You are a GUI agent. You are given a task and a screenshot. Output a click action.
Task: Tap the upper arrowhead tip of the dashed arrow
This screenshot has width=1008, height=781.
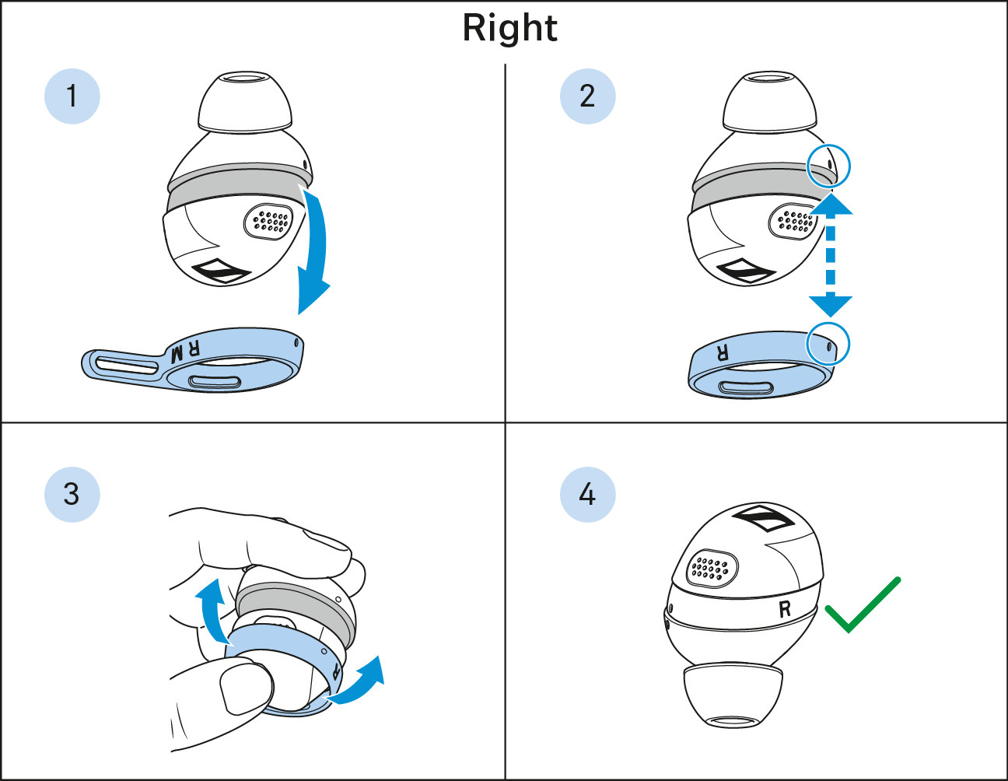pyautogui.click(x=831, y=193)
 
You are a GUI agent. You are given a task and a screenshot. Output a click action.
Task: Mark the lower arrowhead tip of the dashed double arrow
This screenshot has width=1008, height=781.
pyautogui.click(x=831, y=317)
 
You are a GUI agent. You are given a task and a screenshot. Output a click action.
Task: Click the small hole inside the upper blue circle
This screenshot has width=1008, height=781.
pyautogui.click(x=830, y=163)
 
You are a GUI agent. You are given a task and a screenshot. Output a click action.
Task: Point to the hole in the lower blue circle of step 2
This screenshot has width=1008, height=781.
pyautogui.click(x=829, y=346)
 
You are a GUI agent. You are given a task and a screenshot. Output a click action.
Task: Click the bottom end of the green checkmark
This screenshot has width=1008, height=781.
pyautogui.click(x=849, y=632)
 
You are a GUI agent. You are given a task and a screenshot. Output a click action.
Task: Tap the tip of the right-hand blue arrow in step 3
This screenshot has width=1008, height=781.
pyautogui.click(x=380, y=656)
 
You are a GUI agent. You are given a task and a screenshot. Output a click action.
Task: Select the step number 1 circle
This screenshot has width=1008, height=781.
pyautogui.click(x=72, y=96)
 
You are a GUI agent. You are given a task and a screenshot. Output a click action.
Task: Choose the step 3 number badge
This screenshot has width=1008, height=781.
pyautogui.click(x=72, y=495)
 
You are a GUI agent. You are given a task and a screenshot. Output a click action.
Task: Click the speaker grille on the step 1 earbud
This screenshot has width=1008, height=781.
pyautogui.click(x=268, y=222)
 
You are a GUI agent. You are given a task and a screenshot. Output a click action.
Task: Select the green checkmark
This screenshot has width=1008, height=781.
pyautogui.click(x=863, y=604)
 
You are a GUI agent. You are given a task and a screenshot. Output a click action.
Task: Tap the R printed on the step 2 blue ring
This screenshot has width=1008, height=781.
pyautogui.click(x=723, y=353)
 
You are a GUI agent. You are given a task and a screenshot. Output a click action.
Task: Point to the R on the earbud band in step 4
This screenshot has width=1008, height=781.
pyautogui.click(x=785, y=609)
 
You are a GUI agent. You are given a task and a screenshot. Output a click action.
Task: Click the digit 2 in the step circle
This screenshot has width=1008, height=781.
pyautogui.click(x=587, y=96)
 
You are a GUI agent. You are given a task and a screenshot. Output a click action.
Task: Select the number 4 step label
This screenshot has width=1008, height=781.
pyautogui.click(x=588, y=495)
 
